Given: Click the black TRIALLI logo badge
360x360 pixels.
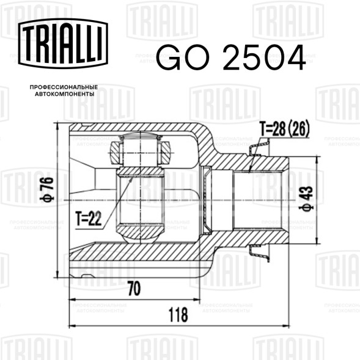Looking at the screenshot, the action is (x=63, y=43).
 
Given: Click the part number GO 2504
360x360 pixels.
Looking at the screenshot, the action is (x=231, y=57).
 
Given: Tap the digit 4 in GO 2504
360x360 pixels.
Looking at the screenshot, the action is (x=293, y=57).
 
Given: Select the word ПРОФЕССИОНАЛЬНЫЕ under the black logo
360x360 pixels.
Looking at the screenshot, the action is (x=64, y=87).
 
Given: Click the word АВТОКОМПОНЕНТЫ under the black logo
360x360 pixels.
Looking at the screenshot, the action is (x=65, y=94).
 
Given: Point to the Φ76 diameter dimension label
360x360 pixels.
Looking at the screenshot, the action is (x=46, y=189).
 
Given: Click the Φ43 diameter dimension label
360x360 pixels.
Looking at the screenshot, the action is (x=306, y=199).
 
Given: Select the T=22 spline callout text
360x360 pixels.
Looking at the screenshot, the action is (x=89, y=218).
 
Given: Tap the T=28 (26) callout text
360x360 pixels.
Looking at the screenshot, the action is (x=284, y=129).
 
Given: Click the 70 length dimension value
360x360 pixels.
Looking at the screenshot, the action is (x=134, y=288).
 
